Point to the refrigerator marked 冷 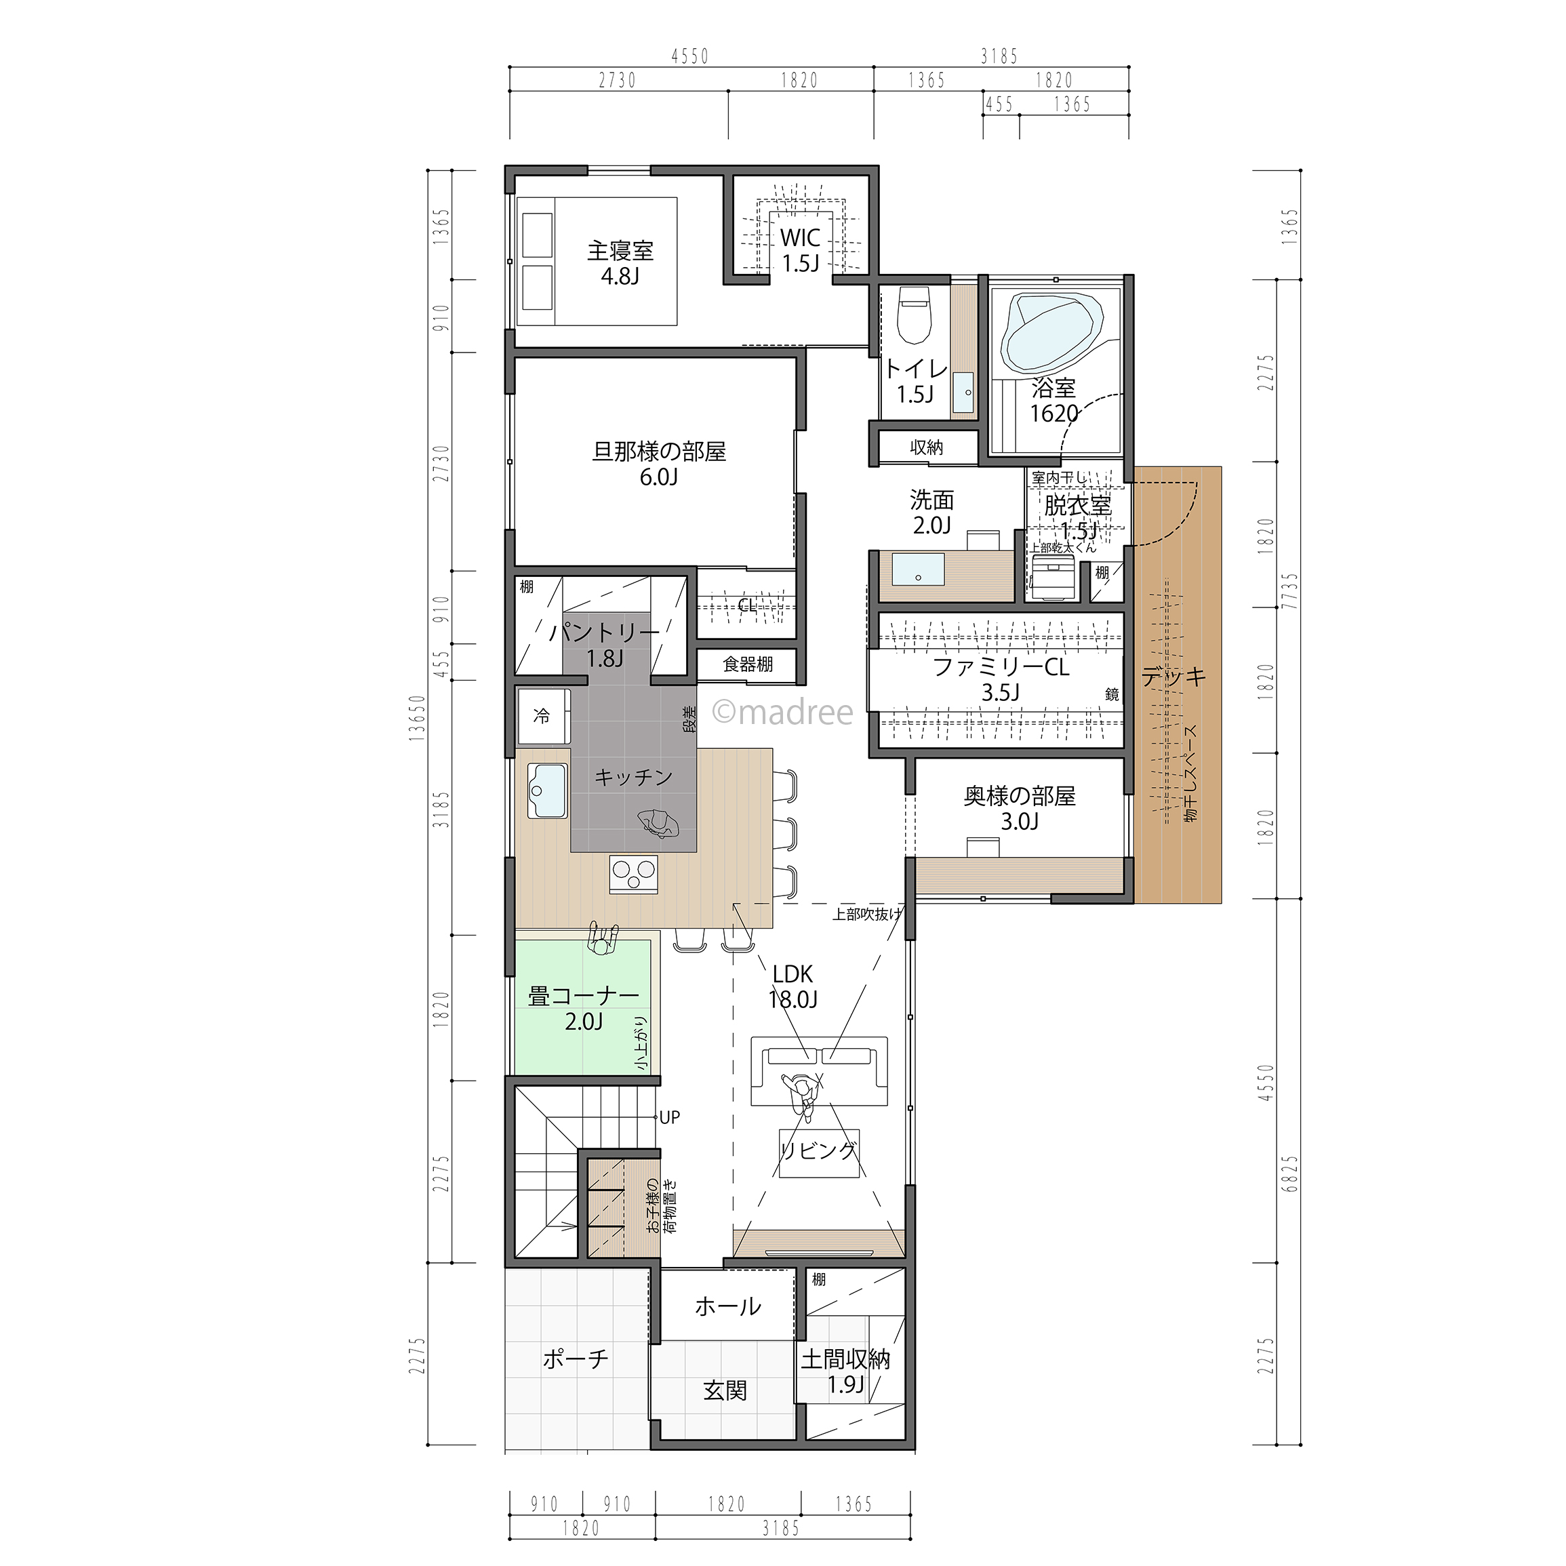coord(544,716)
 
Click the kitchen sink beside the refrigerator coord(547,791)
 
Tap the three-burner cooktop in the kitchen coord(634,874)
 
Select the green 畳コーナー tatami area coord(584,1006)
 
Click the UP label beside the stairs coord(670,1118)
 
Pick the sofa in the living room coord(819,1070)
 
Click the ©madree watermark coord(782,712)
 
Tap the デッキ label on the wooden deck coord(1173,677)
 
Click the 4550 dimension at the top coord(691,56)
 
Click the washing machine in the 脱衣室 coord(1052,575)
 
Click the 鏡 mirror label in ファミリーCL coord(1112,694)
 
